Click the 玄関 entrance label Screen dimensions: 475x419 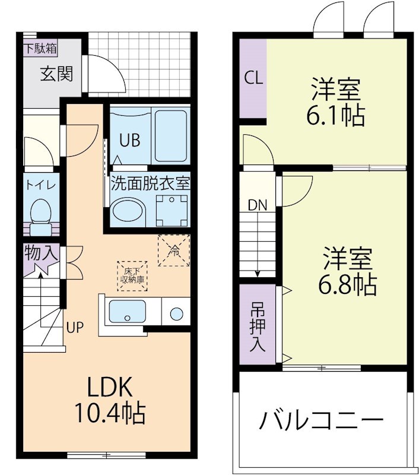56,74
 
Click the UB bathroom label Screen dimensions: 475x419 129,141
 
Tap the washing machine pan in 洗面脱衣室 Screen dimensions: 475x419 172,209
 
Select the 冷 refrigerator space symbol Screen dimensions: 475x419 174,250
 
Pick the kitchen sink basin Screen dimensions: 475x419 128,311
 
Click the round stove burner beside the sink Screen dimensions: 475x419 176,313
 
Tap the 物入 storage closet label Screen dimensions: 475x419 41,254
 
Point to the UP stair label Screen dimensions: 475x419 74,327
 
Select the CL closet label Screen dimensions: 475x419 254,79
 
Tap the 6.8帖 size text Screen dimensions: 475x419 348,286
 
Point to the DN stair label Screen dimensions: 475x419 258,206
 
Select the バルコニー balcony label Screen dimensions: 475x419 320,421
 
